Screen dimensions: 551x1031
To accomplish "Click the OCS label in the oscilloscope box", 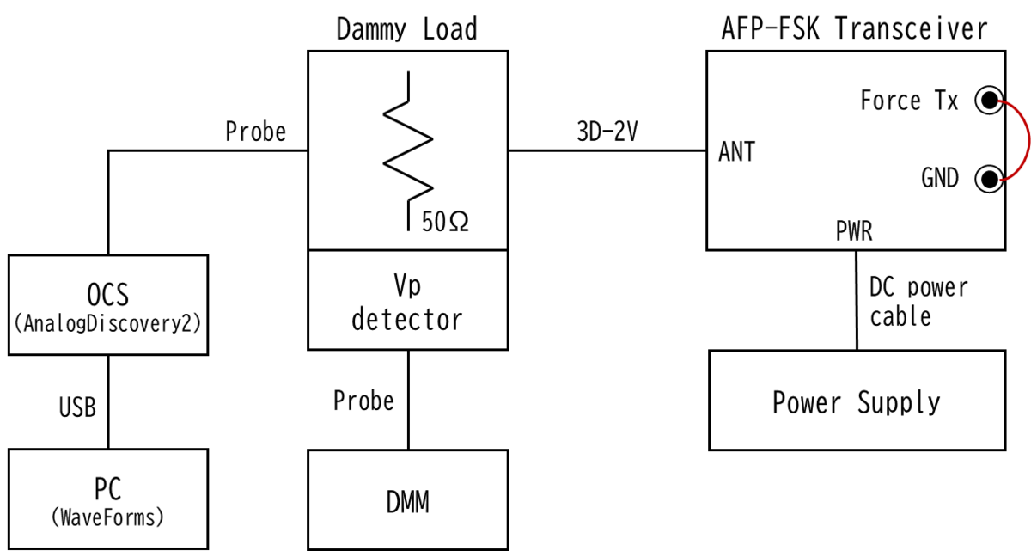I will click(x=108, y=295).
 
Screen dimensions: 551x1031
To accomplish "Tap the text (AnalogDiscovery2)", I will click(x=108, y=325).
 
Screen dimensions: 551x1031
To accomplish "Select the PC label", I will click(x=108, y=489).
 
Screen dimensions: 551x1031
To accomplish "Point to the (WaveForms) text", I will click(x=108, y=518).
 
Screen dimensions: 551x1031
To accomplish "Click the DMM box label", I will click(x=407, y=501).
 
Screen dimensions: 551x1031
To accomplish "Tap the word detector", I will click(x=407, y=320).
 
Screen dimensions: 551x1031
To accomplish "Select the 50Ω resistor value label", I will click(x=445, y=223).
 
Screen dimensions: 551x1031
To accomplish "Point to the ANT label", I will click(x=736, y=152).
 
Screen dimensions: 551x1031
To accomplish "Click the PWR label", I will click(x=854, y=231).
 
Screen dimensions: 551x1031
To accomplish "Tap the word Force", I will click(x=891, y=101).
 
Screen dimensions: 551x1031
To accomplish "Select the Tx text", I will click(x=946, y=101).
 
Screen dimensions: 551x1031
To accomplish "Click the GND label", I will click(x=940, y=179).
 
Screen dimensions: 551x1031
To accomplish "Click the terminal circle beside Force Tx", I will click(x=989, y=101).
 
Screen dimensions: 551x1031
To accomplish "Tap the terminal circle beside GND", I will click(x=989, y=179).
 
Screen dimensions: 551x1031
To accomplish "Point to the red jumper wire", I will click(x=1024, y=140).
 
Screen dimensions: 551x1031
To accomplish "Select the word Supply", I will click(x=899, y=402).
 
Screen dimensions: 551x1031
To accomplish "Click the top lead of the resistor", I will click(x=408, y=84).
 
